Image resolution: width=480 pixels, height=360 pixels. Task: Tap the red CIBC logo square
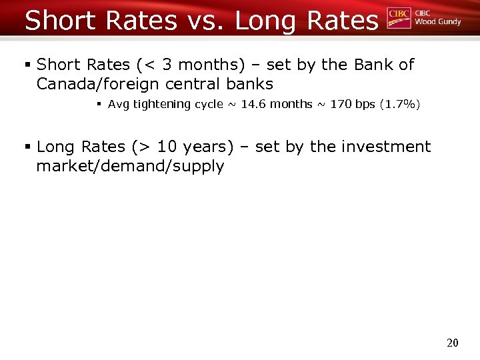(399, 19)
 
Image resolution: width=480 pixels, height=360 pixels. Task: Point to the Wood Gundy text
(437, 22)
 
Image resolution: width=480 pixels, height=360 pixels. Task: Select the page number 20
(453, 343)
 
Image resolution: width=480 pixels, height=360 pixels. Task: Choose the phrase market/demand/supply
(130, 166)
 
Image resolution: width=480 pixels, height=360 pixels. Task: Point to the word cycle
(208, 104)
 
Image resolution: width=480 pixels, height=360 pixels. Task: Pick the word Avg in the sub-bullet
(117, 104)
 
